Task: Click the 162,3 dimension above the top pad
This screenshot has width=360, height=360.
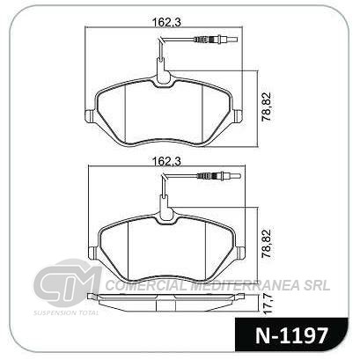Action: point(167,21)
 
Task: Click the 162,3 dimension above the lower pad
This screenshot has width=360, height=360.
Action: point(167,161)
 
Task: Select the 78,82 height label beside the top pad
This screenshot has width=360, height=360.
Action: point(267,107)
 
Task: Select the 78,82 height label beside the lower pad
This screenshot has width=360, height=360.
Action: point(267,244)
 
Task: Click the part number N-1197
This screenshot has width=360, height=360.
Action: point(291,335)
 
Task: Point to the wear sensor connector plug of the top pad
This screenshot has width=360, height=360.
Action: point(216,39)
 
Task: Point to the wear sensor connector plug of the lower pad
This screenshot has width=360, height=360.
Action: point(219,176)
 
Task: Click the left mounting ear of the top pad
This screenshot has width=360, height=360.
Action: point(89,116)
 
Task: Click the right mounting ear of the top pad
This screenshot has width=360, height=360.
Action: point(238,116)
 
